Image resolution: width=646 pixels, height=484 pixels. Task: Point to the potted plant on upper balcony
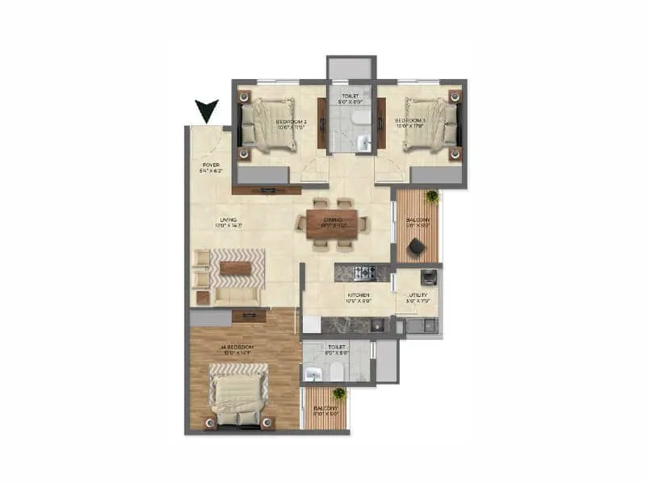point(433,196)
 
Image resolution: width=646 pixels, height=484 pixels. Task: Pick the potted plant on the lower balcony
point(339,394)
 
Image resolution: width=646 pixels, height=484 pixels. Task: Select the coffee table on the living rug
point(236,268)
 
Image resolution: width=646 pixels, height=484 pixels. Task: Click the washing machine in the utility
point(431,278)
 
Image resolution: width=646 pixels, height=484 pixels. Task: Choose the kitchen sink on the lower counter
point(376,326)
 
